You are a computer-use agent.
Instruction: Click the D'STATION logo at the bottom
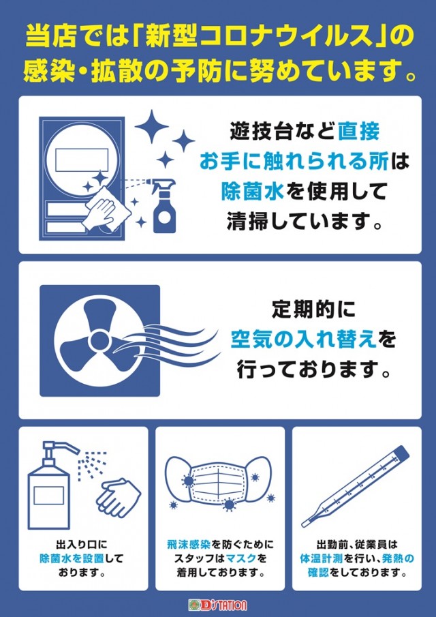[217, 605]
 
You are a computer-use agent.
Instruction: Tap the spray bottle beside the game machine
[163, 205]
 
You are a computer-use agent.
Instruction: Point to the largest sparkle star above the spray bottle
[151, 127]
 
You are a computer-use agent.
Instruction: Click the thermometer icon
[355, 486]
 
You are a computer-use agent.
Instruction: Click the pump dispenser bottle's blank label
[49, 496]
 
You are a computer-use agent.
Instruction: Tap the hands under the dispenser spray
[119, 498]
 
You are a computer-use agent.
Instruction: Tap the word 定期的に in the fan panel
[313, 310]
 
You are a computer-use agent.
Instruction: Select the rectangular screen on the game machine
[81, 160]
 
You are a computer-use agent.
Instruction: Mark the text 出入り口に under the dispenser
[82, 545]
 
